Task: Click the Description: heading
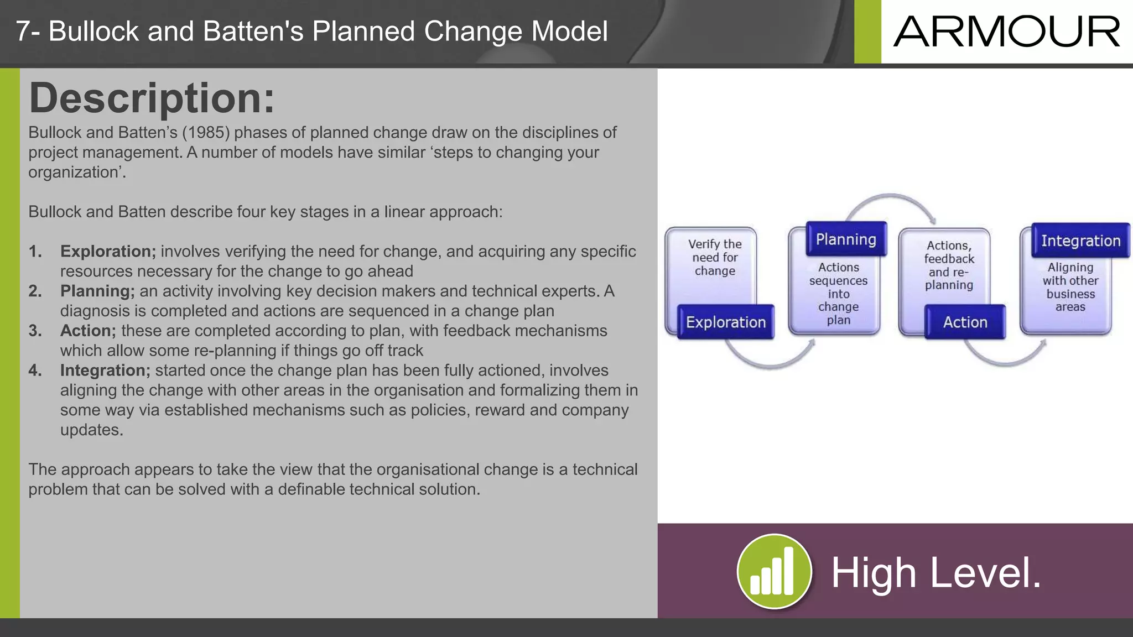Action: click(152, 98)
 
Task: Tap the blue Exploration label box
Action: click(725, 322)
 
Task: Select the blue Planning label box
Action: click(846, 239)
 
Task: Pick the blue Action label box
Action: click(965, 322)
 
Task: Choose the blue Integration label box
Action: click(1080, 241)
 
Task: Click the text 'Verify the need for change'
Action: click(715, 258)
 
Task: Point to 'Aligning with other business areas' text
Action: click(1070, 287)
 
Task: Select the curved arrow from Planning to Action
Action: click(890, 197)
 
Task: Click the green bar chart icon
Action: click(774, 571)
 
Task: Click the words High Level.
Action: click(936, 573)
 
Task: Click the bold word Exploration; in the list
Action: click(108, 252)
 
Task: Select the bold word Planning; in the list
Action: click(97, 291)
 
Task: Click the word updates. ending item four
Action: click(91, 430)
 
